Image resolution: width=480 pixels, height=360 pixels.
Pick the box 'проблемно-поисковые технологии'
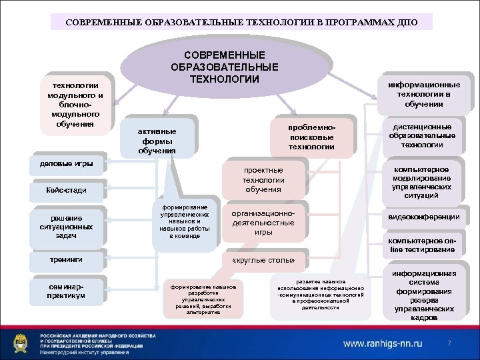[311, 137]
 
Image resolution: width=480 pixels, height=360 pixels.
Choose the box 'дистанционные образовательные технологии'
[421, 136]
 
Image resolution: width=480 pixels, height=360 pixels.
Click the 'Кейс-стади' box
[66, 190]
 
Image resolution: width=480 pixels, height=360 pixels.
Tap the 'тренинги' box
[66, 259]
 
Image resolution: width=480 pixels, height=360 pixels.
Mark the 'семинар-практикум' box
[66, 290]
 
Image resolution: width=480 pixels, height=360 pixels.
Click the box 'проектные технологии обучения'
[263, 180]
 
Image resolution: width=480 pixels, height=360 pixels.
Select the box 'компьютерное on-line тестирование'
[421, 245]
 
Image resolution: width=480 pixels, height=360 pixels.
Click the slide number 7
[449, 343]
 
